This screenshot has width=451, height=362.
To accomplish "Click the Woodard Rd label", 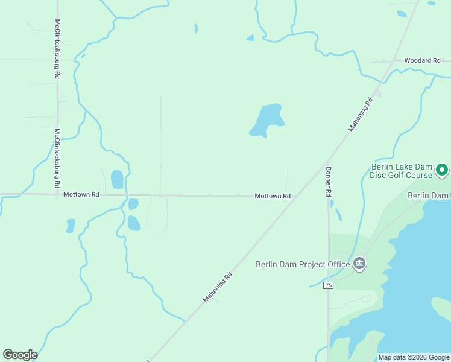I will click(422, 61).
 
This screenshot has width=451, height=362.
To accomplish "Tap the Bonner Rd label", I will click(329, 182).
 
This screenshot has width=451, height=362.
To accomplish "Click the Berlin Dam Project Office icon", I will click(359, 264).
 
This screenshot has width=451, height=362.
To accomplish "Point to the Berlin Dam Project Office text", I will click(303, 264).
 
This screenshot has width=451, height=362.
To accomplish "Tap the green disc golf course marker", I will click(441, 171).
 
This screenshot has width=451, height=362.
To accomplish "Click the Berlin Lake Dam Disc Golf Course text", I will click(402, 171).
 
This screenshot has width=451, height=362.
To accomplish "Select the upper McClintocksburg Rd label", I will click(57, 49).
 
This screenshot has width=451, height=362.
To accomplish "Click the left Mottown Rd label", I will click(81, 195).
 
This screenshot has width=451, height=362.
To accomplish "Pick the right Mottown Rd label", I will click(273, 196).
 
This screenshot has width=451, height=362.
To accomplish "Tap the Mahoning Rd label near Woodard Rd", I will click(361, 115).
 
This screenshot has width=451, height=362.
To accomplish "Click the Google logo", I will click(20, 355).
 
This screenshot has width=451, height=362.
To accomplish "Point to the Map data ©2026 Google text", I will click(414, 357).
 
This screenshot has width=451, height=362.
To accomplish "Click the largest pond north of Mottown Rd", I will click(266, 119).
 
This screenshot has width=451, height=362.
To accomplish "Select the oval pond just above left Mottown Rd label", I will click(117, 179).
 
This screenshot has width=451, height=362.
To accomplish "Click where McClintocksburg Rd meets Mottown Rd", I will click(58, 194).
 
